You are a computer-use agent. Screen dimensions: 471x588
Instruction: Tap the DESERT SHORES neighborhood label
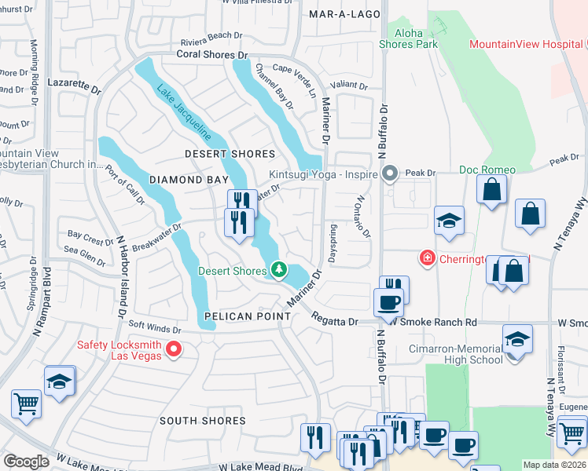point(230,154)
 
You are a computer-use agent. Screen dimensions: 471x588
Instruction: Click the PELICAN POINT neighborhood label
point(237,316)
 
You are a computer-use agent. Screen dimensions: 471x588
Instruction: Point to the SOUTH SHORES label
point(203,421)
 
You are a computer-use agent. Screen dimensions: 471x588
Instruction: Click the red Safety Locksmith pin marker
point(175,349)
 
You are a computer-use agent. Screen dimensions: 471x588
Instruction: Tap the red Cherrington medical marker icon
point(427,257)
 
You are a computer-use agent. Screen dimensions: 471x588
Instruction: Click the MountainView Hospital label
point(526,44)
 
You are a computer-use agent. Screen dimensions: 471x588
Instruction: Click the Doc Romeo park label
point(487,170)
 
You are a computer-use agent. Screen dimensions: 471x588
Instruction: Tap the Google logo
point(27,462)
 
